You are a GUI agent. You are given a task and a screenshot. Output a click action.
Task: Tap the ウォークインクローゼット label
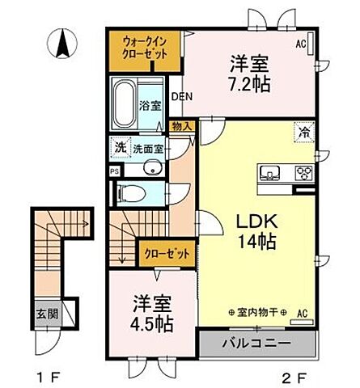coord(146,48)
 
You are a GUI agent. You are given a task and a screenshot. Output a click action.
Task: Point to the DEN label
coord(180,95)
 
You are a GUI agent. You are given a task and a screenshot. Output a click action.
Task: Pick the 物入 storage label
coord(182,125)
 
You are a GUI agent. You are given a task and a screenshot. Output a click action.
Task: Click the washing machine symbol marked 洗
coord(119,149)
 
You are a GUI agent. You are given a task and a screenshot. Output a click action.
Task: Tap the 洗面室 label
coord(148,149)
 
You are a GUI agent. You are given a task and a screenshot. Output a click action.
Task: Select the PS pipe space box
coord(114,171)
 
